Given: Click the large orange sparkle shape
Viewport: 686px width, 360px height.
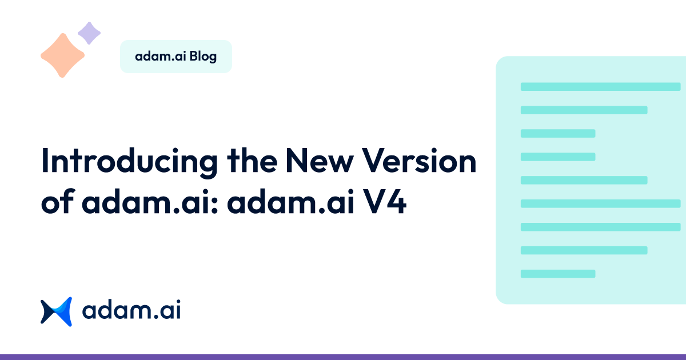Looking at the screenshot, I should point(62,55).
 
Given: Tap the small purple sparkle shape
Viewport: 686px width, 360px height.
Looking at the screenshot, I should point(89,33).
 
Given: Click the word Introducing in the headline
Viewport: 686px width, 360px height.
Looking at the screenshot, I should point(129,162).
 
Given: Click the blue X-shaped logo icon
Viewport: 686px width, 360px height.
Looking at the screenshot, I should point(56,311).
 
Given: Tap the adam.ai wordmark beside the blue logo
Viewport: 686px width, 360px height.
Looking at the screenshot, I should point(131,311).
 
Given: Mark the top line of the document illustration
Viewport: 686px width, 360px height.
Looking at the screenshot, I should point(600,87).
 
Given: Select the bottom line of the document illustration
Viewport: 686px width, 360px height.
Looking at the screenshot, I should point(558,274).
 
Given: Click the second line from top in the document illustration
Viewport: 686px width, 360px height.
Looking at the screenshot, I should point(584,110).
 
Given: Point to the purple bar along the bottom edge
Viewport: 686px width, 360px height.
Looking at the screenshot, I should point(343,357).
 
